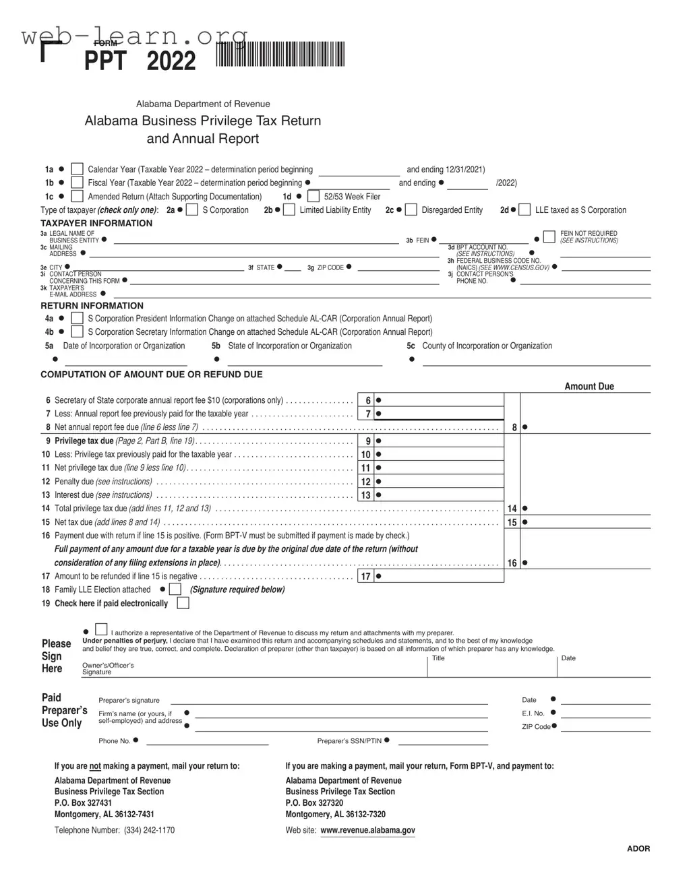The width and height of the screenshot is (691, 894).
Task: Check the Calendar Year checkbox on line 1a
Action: pos(78,169)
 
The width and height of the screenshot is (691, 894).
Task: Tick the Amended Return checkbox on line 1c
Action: pos(78,196)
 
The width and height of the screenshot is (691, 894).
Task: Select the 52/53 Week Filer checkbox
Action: pos(313,196)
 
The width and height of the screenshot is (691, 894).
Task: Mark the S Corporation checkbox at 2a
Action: pos(192,210)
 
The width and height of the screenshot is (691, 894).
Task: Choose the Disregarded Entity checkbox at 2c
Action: pos(411,210)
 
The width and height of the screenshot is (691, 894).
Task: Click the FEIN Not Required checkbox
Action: pos(549,236)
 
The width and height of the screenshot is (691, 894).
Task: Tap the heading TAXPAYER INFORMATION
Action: pos(96,223)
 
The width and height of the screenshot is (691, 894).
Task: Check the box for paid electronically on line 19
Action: pos(183,603)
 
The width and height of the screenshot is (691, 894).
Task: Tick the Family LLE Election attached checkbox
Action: pos(175,589)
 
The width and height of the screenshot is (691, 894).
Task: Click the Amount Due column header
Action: pos(589,386)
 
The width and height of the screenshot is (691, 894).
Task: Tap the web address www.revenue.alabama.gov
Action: pos(367,830)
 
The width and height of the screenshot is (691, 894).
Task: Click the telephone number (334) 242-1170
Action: pos(149,830)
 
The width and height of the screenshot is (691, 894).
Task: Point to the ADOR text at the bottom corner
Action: pos(638,848)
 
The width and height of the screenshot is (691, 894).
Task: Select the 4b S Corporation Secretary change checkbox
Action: pos(78,331)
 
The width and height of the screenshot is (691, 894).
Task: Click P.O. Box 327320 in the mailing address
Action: pos(314,802)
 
